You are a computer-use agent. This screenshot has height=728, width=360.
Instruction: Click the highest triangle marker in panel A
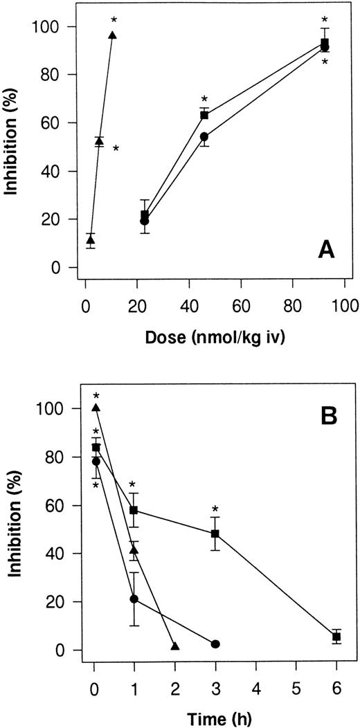coord(112,35)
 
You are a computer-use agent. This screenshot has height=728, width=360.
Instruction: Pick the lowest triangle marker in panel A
coord(91,240)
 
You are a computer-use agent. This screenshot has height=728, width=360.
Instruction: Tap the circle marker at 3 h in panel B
coord(215,644)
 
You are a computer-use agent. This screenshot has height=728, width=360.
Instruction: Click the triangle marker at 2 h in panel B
coord(174,646)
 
